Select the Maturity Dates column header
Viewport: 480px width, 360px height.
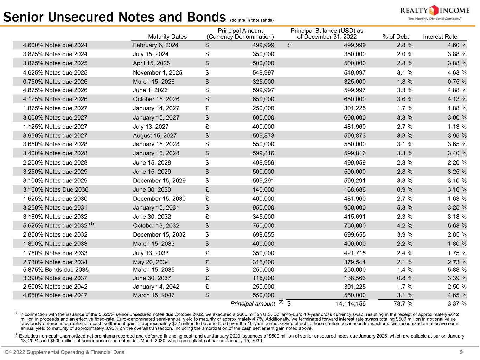click(x=167, y=37)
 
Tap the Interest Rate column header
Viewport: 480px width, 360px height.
click(x=440, y=37)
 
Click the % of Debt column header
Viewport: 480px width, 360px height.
click(x=396, y=37)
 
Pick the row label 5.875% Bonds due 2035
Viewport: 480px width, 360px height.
click(x=56, y=270)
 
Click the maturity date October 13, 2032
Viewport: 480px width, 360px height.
click(x=156, y=226)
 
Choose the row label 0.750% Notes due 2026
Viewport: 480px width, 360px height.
click(x=55, y=82)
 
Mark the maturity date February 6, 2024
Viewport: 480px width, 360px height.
click(x=155, y=45)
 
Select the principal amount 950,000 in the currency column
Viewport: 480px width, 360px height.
click(x=263, y=208)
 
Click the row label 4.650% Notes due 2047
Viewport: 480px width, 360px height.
click(x=55, y=295)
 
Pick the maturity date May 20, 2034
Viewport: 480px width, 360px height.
click(x=151, y=262)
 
